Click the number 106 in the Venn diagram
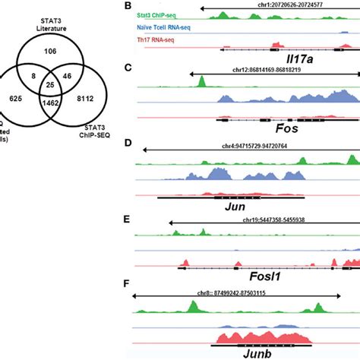[x=52, y=51]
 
